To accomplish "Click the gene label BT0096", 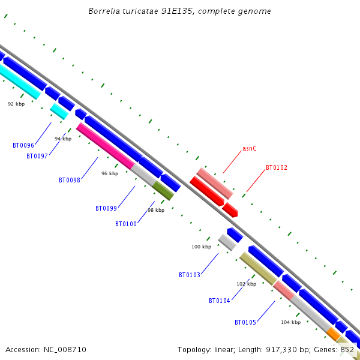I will click(23, 145).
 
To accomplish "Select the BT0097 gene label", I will click(37, 156).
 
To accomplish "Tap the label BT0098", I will click(70, 180).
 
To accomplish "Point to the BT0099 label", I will click(106, 208).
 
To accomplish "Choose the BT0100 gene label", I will click(126, 224).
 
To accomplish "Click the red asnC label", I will click(250, 148).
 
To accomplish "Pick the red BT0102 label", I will click(277, 168).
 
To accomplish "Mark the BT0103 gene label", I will click(190, 275).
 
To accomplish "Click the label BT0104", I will click(220, 301).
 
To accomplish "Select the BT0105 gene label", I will click(245, 322).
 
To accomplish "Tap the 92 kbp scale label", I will click(16, 104).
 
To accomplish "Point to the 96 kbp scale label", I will click(110, 173).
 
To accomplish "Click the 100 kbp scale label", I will click(201, 247).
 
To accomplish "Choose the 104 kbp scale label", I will click(290, 322).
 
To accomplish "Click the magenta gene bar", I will click(105, 146).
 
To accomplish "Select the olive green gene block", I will click(163, 191).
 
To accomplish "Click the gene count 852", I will click(347, 349).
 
